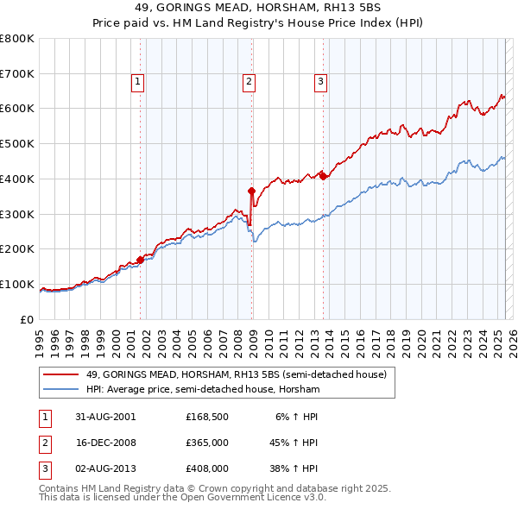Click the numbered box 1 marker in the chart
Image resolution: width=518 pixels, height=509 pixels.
[138, 82]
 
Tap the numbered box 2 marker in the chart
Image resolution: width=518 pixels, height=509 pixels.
[249, 82]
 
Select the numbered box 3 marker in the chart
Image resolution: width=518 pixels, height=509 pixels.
[320, 82]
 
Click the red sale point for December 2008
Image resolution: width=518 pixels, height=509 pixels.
[251, 191]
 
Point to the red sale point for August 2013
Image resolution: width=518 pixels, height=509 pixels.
[323, 175]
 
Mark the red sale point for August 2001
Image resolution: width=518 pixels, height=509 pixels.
[140, 259]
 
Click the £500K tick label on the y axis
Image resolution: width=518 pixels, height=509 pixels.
[17, 143]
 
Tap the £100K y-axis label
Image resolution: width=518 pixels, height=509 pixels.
[17, 284]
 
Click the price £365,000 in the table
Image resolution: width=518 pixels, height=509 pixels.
[206, 443]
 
